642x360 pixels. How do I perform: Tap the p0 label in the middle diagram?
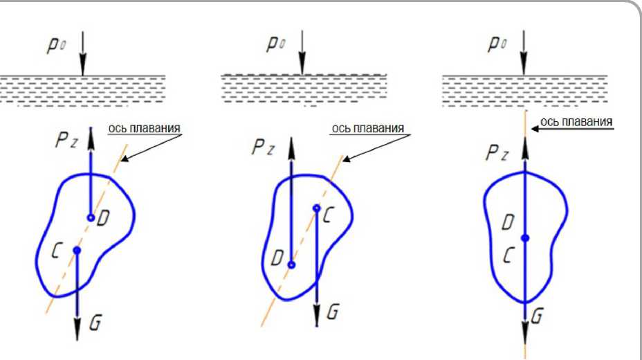click(276, 43)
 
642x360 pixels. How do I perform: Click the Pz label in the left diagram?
click(67, 141)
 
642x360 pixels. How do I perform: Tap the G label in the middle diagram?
click(333, 312)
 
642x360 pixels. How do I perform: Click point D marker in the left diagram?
click(91, 217)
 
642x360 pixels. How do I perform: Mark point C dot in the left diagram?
click(77, 250)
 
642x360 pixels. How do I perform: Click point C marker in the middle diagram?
click(316, 208)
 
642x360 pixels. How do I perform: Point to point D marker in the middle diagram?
click(292, 264)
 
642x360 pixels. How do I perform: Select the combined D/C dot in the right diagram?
click(525, 237)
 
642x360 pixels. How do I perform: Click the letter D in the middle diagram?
click(276, 260)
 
